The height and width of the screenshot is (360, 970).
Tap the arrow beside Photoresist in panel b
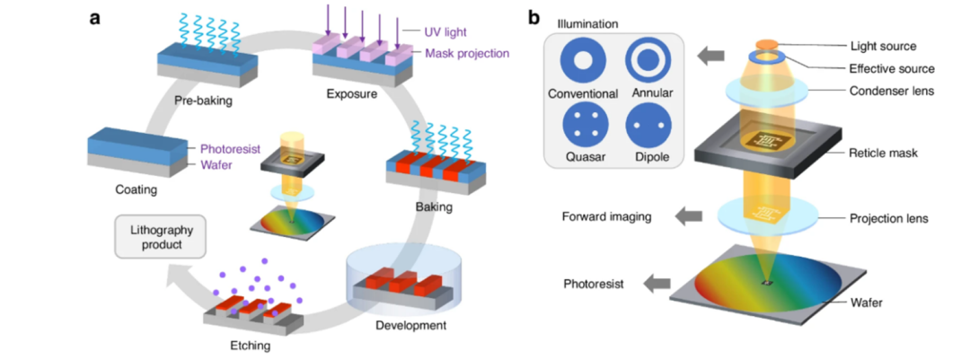click(660, 284)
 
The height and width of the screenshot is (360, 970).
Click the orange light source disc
click(765, 43)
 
